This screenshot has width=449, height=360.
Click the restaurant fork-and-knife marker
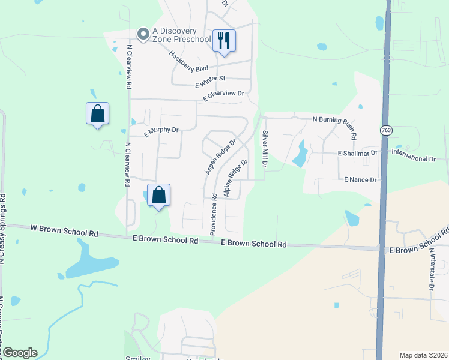pos(224,41)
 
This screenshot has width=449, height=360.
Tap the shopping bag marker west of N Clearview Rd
pos(97,113)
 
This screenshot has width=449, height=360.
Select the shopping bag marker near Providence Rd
pos(158,195)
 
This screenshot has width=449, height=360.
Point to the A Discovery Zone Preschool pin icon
pos(143,35)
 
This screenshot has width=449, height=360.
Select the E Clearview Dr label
pos(224,94)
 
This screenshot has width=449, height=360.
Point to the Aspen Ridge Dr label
pos(220,158)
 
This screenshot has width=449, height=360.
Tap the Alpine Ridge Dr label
pos(236,178)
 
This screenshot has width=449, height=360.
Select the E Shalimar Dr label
pos(357,153)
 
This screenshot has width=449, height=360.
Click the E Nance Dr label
pos(360,179)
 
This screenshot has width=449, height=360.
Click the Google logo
pos(19,353)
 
